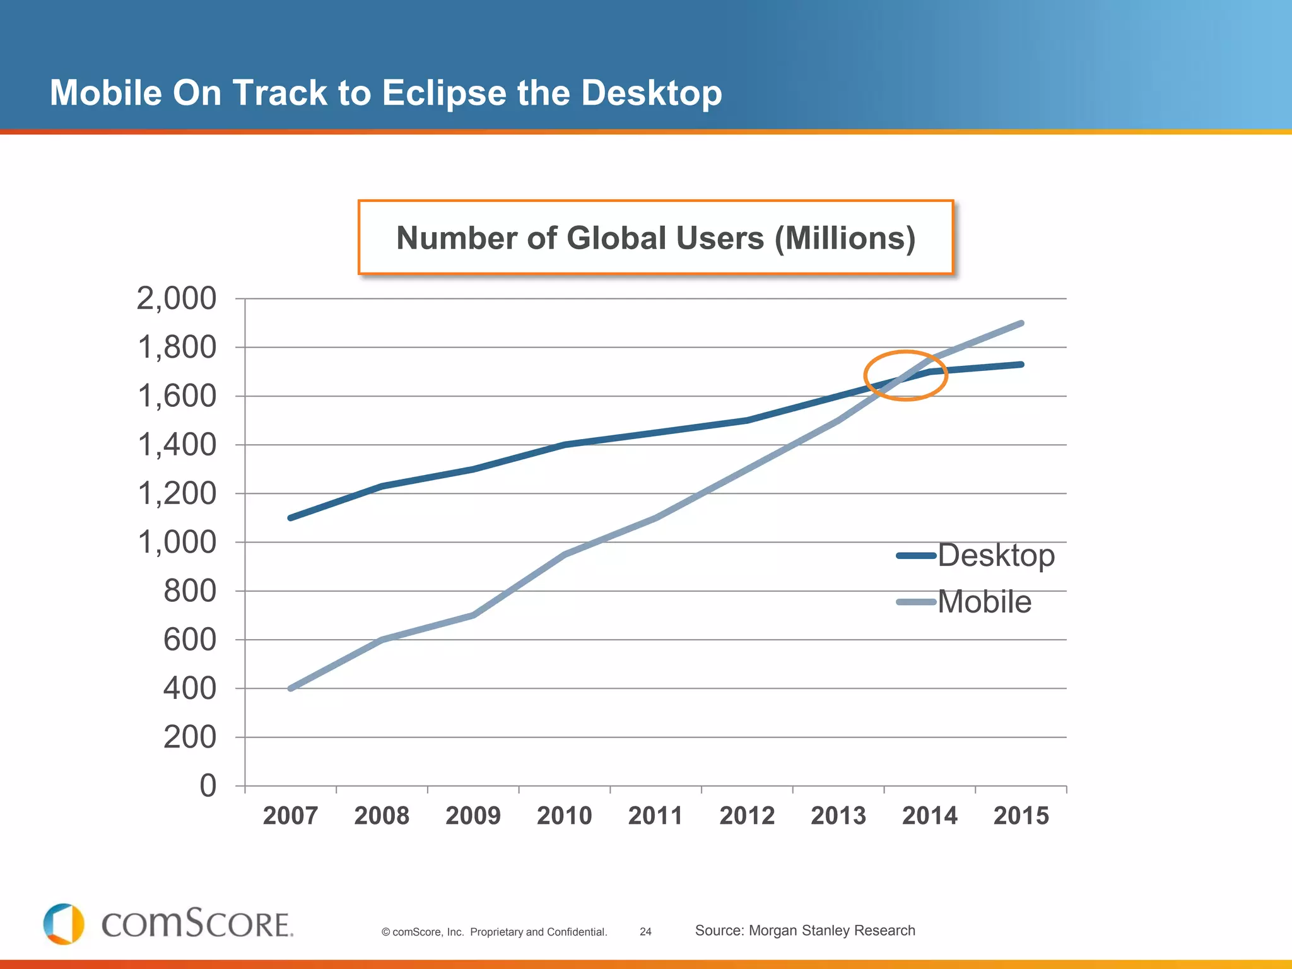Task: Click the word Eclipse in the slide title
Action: click(x=443, y=93)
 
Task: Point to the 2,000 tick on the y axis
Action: click(x=176, y=298)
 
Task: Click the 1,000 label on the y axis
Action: click(x=176, y=543)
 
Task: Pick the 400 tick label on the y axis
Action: click(x=189, y=689)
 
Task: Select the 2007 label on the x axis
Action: click(x=290, y=816)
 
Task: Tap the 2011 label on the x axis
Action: click(x=655, y=816)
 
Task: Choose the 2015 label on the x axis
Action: click(x=1021, y=816)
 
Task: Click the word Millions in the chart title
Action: click(x=845, y=238)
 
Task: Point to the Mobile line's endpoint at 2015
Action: click(x=1021, y=324)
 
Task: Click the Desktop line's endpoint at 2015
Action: click(x=1021, y=365)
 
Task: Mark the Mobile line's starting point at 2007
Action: click(x=290, y=688)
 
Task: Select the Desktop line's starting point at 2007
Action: click(x=290, y=518)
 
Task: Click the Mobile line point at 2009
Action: click(x=473, y=615)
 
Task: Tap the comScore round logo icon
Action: click(x=64, y=924)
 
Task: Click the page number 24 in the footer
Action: click(x=645, y=932)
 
